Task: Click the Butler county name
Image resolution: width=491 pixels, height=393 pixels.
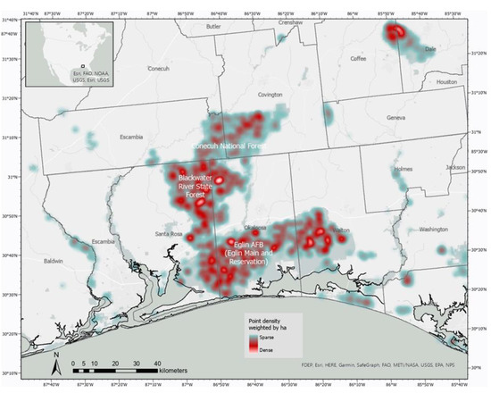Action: tap(212, 27)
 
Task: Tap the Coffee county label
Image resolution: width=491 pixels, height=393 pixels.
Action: tap(359, 59)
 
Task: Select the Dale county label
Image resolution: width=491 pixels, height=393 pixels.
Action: tap(430, 49)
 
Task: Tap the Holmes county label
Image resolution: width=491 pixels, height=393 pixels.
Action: tap(403, 168)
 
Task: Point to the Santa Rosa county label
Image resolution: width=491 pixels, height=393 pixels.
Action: tap(169, 234)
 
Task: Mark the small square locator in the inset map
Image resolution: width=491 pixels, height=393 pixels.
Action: tap(83, 65)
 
